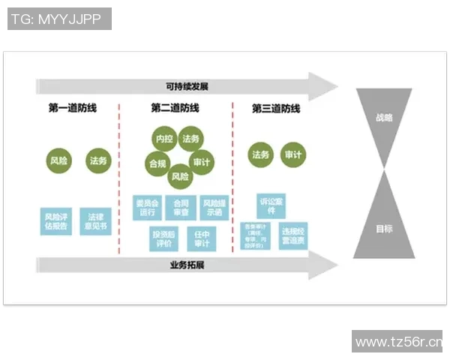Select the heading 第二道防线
tap(175, 108)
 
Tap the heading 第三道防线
tap(276, 108)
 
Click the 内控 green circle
tap(165, 139)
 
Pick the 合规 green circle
tap(157, 162)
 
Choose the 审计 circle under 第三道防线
tap(293, 154)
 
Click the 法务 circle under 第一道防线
tap(98, 160)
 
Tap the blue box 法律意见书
tap(95, 221)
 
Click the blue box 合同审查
tap(181, 208)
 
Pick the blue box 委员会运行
tap(147, 208)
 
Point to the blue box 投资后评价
tap(166, 239)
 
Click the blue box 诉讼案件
tap(272, 206)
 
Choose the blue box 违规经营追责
tap(293, 235)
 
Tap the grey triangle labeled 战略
tap(384, 120)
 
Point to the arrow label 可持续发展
tap(187, 86)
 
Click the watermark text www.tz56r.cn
tap(398, 342)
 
